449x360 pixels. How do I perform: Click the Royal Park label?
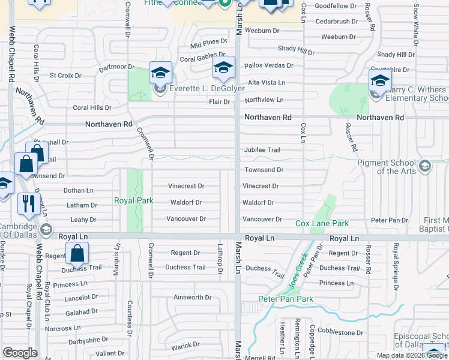click(x=134, y=200)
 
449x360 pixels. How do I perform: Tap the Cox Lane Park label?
click(x=322, y=224)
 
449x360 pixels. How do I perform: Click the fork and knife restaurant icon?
click(x=28, y=203)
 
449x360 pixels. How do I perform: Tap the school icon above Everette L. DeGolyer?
click(x=160, y=73)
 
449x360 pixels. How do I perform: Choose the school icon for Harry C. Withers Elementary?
click(x=380, y=80)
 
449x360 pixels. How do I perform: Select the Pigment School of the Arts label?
click(x=394, y=167)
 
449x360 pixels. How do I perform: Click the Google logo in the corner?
click(x=20, y=353)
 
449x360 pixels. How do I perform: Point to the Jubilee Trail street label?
click(x=262, y=150)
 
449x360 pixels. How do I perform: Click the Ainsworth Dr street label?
click(x=192, y=297)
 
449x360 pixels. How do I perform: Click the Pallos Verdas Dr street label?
click(x=268, y=65)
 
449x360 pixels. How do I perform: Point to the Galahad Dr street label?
click(x=82, y=313)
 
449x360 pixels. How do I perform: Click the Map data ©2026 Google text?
click(x=412, y=355)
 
